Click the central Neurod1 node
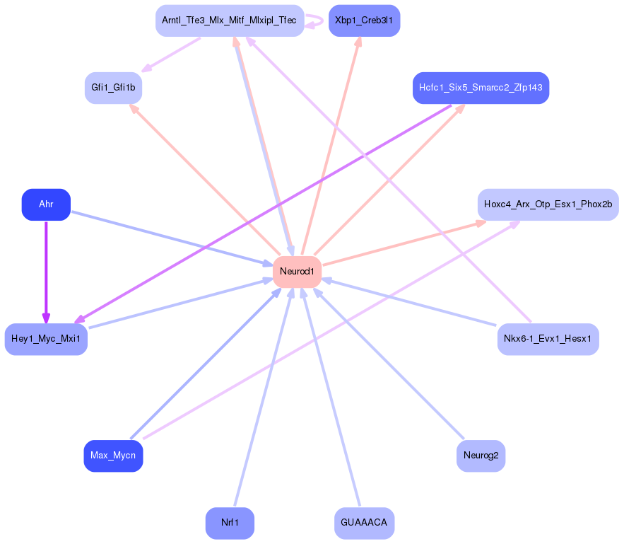(x=297, y=272)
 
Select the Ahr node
(x=46, y=204)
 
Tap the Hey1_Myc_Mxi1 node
(x=46, y=339)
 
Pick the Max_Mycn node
(x=113, y=456)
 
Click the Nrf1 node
(x=230, y=523)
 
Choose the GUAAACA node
(x=364, y=523)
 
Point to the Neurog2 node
(x=481, y=456)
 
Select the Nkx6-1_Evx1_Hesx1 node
(x=548, y=339)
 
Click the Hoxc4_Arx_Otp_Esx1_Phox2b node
(x=548, y=204)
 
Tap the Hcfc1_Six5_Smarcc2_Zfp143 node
(x=481, y=88)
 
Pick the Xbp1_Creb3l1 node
(x=364, y=21)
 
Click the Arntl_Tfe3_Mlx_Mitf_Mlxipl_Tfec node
(x=230, y=21)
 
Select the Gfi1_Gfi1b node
(x=113, y=88)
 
